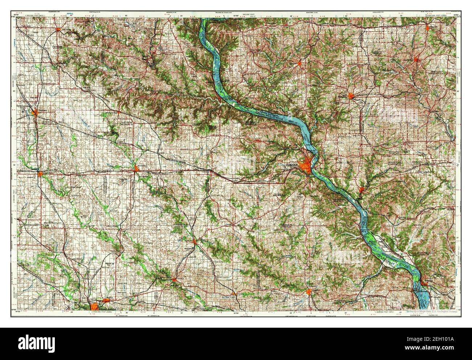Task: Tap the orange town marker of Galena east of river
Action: point(362,189)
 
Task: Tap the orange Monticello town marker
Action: point(195,241)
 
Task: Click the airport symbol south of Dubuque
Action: point(300,195)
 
